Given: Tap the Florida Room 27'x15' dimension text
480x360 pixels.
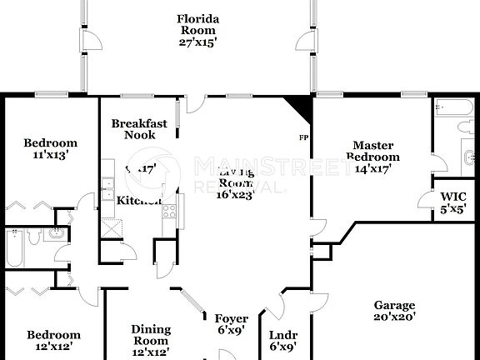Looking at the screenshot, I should pyautogui.click(x=197, y=42).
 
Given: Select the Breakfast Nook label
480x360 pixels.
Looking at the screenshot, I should pyautogui.click(x=139, y=129).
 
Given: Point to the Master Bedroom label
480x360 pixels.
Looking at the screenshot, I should pyautogui.click(x=372, y=151).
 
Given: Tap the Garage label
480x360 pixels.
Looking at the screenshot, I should pyautogui.click(x=394, y=305).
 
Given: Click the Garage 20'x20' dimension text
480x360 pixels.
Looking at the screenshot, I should pyautogui.click(x=394, y=317).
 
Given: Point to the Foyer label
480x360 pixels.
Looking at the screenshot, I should pyautogui.click(x=232, y=318).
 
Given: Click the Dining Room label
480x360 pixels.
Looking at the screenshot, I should pyautogui.click(x=151, y=334).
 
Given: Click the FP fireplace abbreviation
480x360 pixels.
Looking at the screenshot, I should pyautogui.click(x=302, y=137).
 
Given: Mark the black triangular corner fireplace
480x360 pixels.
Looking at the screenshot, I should pyautogui.click(x=299, y=107).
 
